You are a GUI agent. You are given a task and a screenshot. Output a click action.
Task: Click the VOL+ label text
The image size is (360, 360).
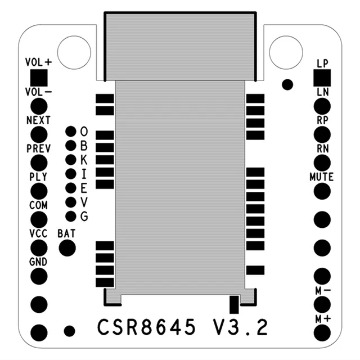pyautogui.click(x=38, y=62)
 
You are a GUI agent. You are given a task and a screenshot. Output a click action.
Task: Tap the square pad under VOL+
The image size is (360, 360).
pyautogui.click(x=39, y=77)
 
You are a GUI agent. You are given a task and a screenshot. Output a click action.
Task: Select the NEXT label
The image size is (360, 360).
pyautogui.click(x=38, y=120)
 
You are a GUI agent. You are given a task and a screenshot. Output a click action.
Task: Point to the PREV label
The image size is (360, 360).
pyautogui.click(x=38, y=148)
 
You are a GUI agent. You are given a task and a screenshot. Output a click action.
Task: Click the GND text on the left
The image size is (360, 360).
pyautogui.click(x=38, y=262)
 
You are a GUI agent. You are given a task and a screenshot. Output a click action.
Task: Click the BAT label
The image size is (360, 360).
pyautogui.click(x=67, y=232)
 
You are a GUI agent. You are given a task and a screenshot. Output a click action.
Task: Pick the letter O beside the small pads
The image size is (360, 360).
pyautogui.click(x=84, y=131)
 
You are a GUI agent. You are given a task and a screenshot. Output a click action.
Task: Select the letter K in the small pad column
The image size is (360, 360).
pyautogui.click(x=84, y=159)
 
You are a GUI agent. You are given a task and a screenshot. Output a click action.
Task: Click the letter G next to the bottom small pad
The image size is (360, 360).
pyautogui.click(x=84, y=216)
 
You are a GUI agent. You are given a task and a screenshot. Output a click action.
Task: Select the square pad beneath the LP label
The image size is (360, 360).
pyautogui.click(x=322, y=77)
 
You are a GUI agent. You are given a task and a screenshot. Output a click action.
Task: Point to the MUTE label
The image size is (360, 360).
pyautogui.click(x=322, y=177)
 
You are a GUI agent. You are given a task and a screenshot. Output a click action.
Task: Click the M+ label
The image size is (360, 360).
pyautogui.click(x=322, y=319)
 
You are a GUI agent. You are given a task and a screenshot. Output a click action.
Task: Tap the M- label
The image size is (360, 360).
pyautogui.click(x=322, y=291)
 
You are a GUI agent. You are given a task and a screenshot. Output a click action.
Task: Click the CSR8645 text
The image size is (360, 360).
pyautogui.click(x=147, y=327)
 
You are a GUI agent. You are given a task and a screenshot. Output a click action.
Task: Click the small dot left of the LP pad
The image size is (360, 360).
pyautogui.click(x=287, y=84)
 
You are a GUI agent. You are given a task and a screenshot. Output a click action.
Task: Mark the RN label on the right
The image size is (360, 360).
pyautogui.click(x=322, y=148)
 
